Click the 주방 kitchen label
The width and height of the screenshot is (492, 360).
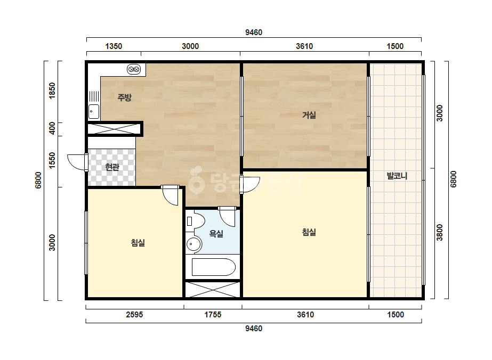click(x=124, y=97)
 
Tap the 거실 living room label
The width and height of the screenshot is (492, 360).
click(x=309, y=115)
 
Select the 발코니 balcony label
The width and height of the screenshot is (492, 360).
click(x=397, y=176)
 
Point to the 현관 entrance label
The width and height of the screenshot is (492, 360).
click(x=112, y=167)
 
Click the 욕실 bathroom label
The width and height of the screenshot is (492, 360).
click(x=216, y=233)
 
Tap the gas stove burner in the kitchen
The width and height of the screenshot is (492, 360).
click(x=134, y=69)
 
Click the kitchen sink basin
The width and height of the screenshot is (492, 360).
click(x=93, y=111)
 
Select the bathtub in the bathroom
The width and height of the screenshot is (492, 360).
click(x=213, y=267)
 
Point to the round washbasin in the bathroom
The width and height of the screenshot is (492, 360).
click(x=193, y=244)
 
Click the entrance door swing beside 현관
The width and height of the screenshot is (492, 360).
click(x=77, y=162)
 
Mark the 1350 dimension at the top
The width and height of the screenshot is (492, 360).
click(x=114, y=46)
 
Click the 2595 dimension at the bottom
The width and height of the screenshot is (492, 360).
click(x=134, y=315)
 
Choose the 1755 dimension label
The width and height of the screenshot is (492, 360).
click(x=213, y=315)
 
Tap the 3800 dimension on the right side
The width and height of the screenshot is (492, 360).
click(x=440, y=232)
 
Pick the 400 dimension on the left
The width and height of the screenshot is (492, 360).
click(x=52, y=128)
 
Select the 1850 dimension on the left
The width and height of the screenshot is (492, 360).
click(x=52, y=91)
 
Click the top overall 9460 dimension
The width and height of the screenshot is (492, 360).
click(x=254, y=32)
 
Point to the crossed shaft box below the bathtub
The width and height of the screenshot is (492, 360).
click(x=213, y=290)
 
